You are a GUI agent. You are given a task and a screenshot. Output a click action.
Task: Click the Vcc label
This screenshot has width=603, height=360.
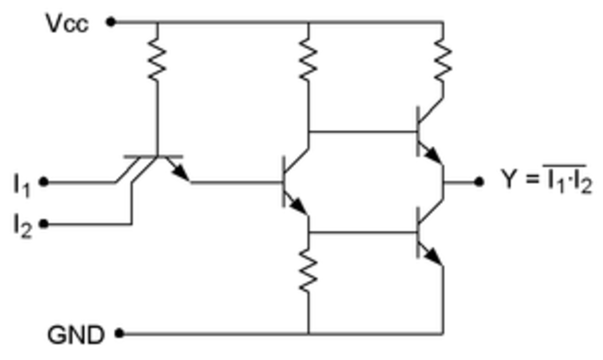pos(67,23)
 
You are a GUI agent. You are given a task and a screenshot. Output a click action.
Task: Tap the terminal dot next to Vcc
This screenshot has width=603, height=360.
pos(111,21)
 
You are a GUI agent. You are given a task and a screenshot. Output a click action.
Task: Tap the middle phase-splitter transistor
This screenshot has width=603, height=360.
pos(297,181)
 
